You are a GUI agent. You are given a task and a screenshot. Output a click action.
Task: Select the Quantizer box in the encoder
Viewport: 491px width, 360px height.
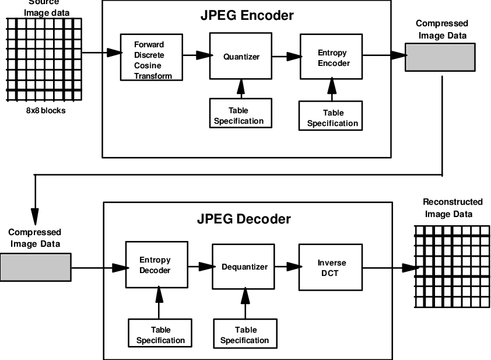(240, 56)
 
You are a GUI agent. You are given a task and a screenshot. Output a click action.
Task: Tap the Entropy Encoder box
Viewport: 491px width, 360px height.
(332, 57)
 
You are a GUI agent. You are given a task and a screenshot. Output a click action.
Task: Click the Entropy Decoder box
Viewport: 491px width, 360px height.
(155, 265)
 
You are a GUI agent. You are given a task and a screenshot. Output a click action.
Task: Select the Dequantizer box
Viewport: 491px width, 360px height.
(244, 267)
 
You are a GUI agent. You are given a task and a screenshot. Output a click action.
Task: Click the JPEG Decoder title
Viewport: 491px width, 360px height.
(244, 219)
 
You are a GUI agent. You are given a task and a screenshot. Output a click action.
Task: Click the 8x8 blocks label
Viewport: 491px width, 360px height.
(44, 110)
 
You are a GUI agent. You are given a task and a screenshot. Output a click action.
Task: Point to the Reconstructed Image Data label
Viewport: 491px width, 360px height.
(453, 208)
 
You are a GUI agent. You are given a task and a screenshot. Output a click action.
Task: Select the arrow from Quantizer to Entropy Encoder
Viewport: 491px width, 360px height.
(286, 56)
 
